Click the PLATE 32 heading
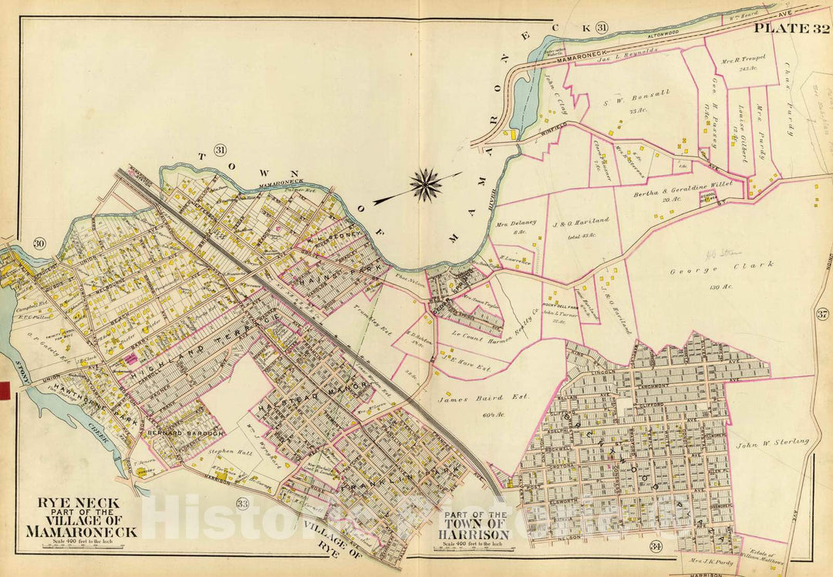[x=791, y=29]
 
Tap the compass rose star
[x=425, y=185]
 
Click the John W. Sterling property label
[x=773, y=442]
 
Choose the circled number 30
[x=38, y=245]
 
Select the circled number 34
[x=656, y=547]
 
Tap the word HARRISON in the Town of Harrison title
[x=476, y=534]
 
